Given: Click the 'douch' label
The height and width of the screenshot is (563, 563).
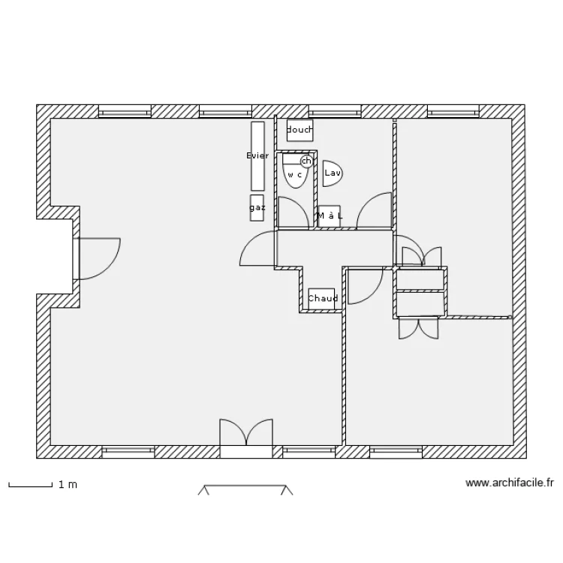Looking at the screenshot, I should [x=300, y=131].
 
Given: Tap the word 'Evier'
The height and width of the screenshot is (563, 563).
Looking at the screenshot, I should [x=257, y=155].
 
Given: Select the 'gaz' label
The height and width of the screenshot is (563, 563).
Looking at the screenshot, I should [x=257, y=207].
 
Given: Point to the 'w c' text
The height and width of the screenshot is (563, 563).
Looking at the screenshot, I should [x=294, y=175].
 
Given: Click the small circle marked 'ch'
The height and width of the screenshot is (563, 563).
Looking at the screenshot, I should [x=306, y=161].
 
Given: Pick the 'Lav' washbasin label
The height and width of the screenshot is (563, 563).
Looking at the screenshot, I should [x=332, y=173].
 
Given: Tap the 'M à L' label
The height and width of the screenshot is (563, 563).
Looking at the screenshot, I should [x=330, y=216].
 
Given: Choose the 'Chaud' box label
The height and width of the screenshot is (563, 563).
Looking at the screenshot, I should [x=322, y=298].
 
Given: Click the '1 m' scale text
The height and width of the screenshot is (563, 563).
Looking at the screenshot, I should [x=68, y=485].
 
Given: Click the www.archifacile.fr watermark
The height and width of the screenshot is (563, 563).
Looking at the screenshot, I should [x=510, y=483].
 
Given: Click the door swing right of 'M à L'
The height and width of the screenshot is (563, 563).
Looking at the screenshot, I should [x=374, y=211].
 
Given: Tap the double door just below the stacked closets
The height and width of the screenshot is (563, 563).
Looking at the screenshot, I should [x=418, y=327].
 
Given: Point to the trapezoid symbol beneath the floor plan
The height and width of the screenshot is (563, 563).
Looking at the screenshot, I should [x=245, y=490].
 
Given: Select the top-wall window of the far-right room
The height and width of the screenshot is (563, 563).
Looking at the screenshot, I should [x=453, y=112].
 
